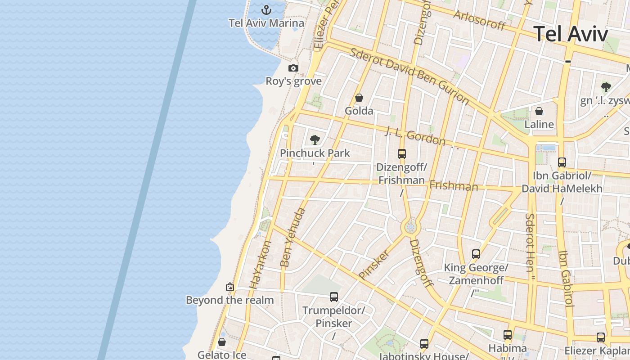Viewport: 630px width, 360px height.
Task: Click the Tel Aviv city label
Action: tap(571, 34)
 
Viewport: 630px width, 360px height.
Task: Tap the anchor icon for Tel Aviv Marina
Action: tap(266, 9)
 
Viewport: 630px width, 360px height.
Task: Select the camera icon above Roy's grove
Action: tap(293, 68)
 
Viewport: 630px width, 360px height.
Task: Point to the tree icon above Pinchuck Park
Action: tap(315, 139)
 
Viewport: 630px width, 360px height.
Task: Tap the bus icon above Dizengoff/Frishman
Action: tap(402, 154)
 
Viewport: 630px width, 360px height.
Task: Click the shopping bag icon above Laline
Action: tap(539, 111)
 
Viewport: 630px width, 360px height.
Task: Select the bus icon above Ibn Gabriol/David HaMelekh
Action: tap(562, 162)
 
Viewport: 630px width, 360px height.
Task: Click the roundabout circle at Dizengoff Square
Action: tap(410, 227)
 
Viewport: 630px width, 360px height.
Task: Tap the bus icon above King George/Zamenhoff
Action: tap(476, 254)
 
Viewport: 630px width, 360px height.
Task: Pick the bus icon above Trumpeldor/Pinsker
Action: tap(333, 297)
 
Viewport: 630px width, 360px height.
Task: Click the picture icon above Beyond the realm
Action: tap(230, 287)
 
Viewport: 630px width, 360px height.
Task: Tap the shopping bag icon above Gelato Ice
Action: tap(221, 342)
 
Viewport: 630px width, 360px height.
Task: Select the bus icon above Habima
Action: tap(508, 335)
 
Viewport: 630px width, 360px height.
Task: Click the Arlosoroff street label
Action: tap(479, 20)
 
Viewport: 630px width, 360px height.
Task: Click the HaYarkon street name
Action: tap(261, 265)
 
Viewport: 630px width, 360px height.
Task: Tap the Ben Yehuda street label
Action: tap(292, 238)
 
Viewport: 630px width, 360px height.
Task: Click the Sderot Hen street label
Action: tap(530, 243)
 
